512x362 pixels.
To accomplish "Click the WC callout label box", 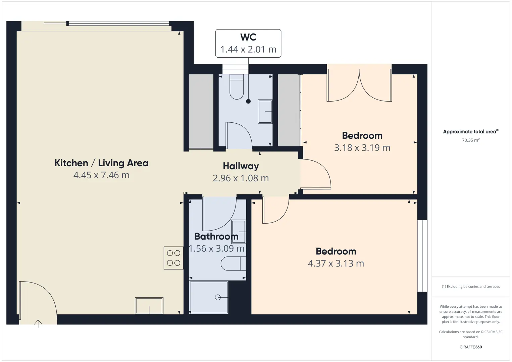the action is pyautogui.click(x=248, y=43).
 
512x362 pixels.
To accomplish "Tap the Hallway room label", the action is pyautogui.click(x=241, y=166).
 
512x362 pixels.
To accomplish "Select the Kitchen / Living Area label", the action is pyautogui.click(x=101, y=163).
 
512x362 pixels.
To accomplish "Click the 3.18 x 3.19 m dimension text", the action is pyautogui.click(x=362, y=148).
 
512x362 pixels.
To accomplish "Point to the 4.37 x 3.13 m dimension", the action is pyautogui.click(x=336, y=263).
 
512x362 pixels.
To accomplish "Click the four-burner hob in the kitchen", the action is pyautogui.click(x=173, y=258).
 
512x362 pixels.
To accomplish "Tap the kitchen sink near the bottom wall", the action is pyautogui.click(x=149, y=306).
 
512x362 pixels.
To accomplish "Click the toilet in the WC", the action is pyautogui.click(x=237, y=87).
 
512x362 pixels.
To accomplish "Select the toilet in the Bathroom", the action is pyautogui.click(x=233, y=263).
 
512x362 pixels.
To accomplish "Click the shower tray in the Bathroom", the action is pyautogui.click(x=209, y=297).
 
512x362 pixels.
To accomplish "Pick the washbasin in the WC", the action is pyautogui.click(x=265, y=112).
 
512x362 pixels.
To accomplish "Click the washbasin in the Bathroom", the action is pyautogui.click(x=239, y=232).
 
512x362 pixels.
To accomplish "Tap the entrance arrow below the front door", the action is pyautogui.click(x=38, y=324).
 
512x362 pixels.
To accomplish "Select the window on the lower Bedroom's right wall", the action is pyautogui.click(x=422, y=256).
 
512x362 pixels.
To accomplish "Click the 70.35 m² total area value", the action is pyautogui.click(x=471, y=140).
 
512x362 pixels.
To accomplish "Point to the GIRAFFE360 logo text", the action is pyautogui.click(x=471, y=347).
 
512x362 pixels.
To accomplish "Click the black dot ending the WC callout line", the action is pyautogui.click(x=249, y=102).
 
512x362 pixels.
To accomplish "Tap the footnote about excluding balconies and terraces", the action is pyautogui.click(x=471, y=286).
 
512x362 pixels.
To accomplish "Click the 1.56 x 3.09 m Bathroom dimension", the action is pyautogui.click(x=216, y=248).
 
